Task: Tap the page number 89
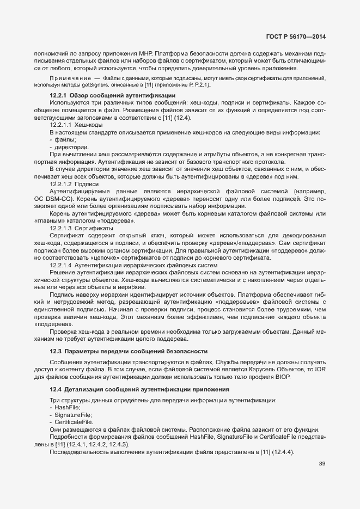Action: pos(322,464)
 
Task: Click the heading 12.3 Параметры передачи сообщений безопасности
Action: pos(129,351)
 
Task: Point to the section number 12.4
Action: pos(56,389)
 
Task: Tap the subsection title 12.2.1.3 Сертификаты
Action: pos(80,229)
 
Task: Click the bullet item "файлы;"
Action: pos(64,140)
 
